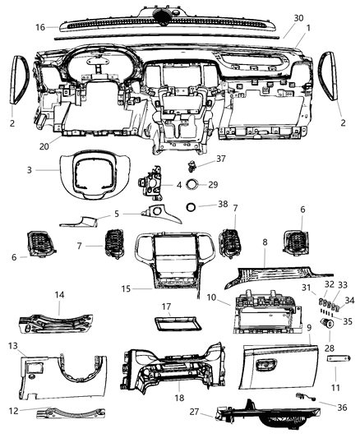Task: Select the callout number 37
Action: (198, 159)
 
